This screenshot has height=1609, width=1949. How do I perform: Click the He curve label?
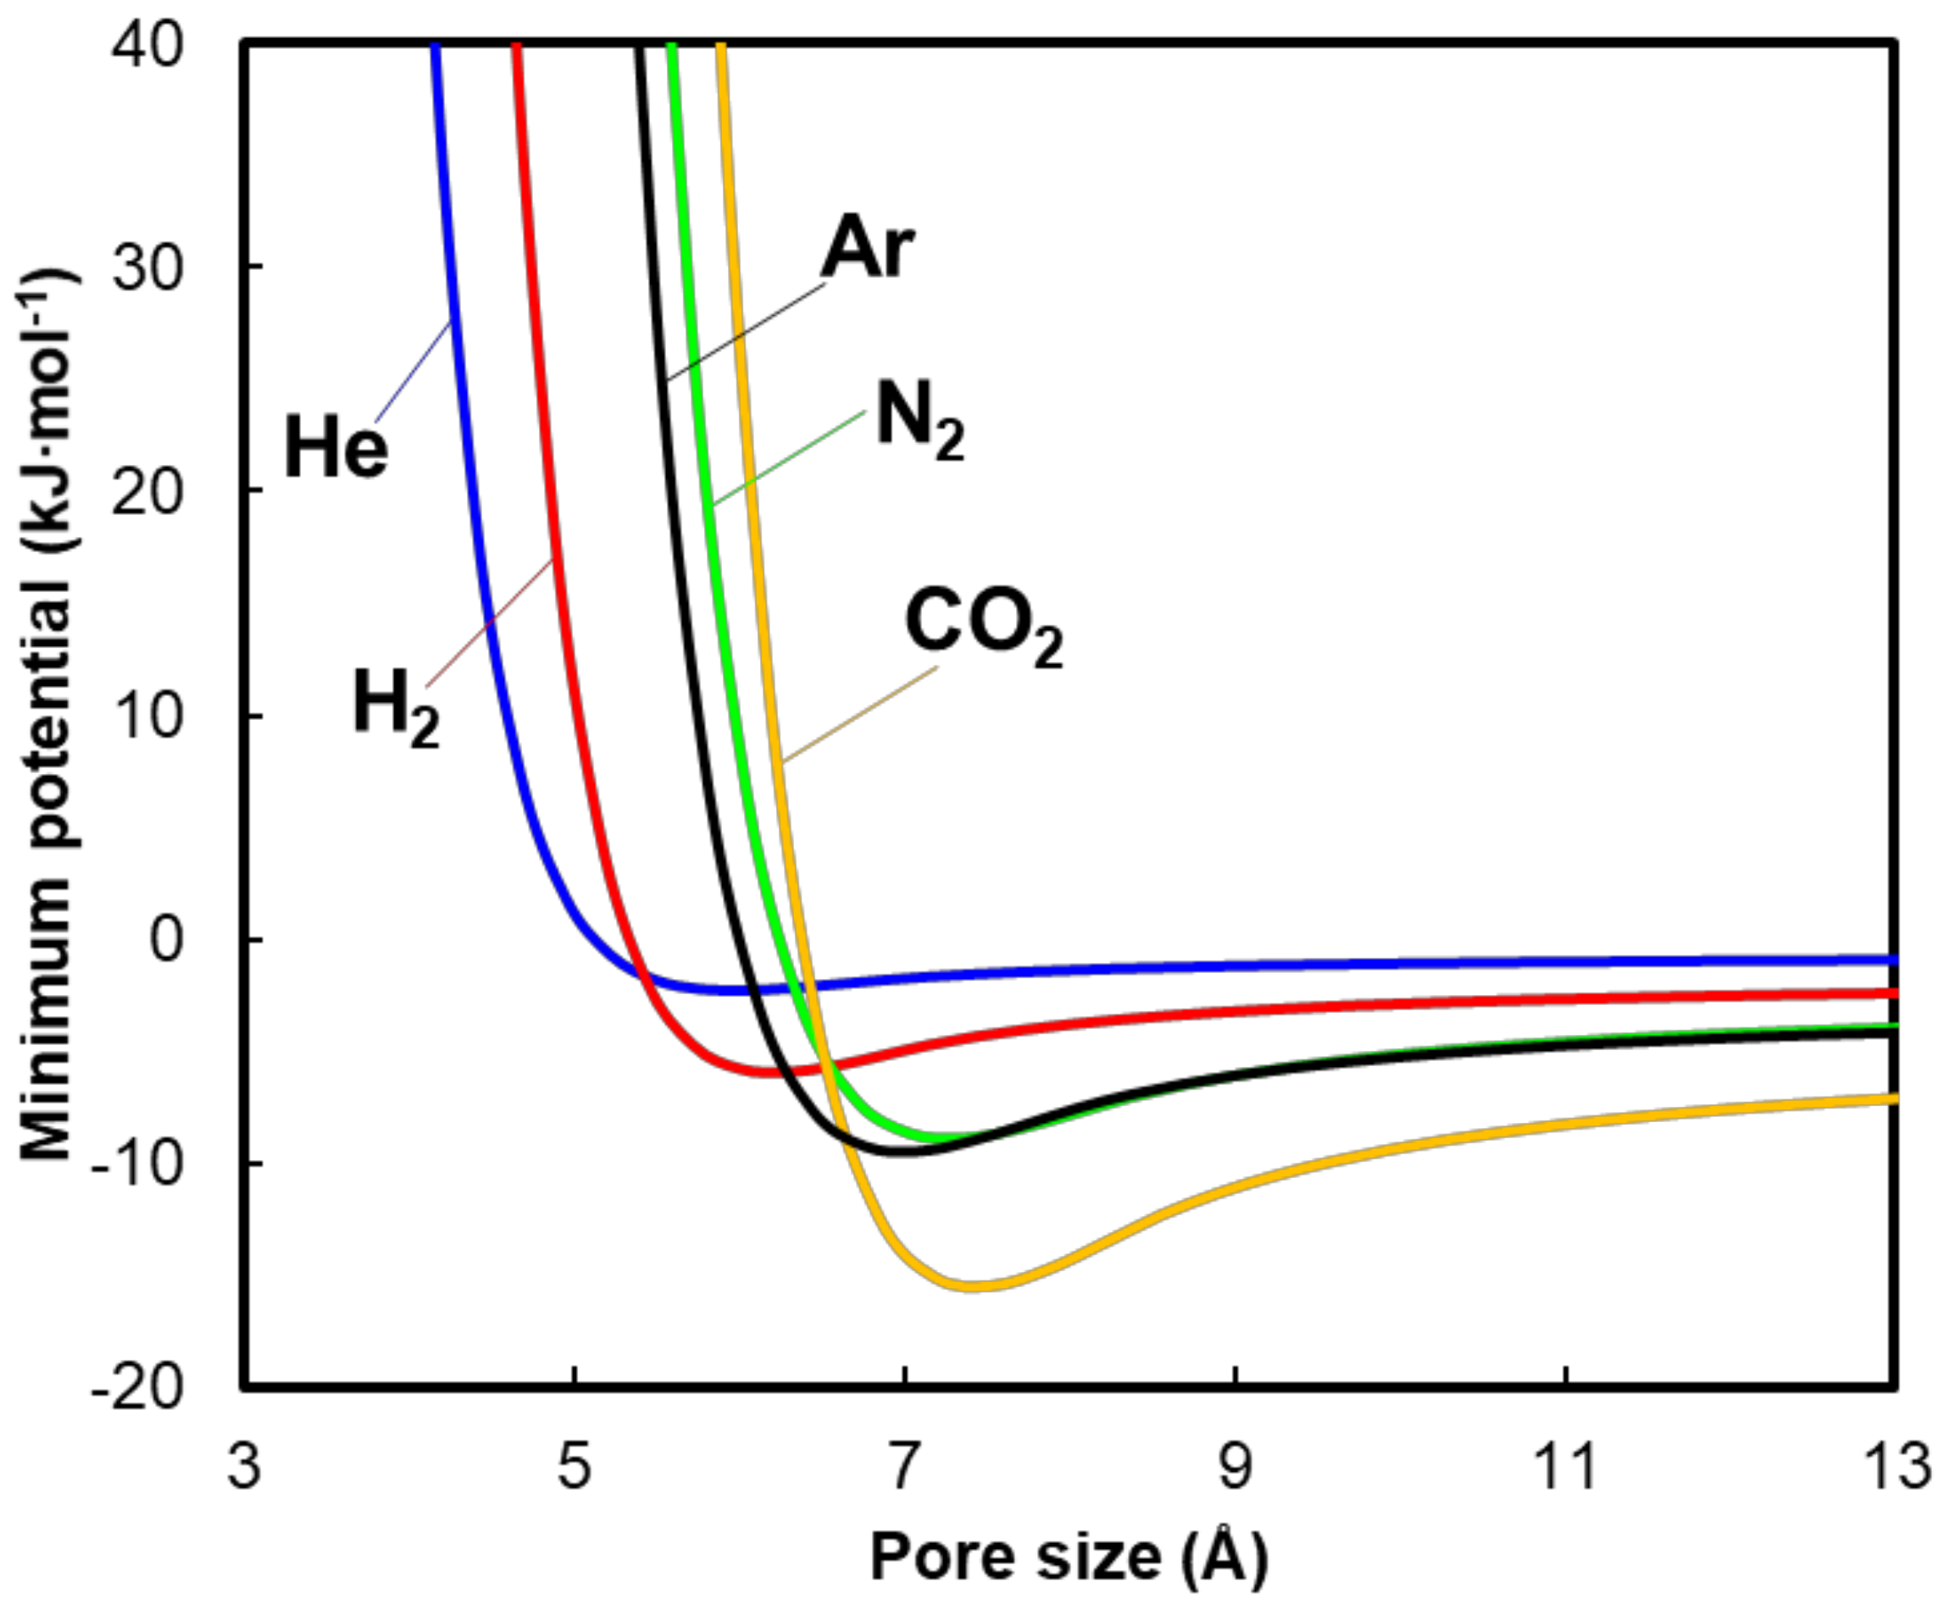click(336, 448)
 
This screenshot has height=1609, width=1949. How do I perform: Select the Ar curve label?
click(868, 247)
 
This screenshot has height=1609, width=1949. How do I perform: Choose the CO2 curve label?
click(983, 628)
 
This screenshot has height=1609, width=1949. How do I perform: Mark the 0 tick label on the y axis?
click(168, 940)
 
